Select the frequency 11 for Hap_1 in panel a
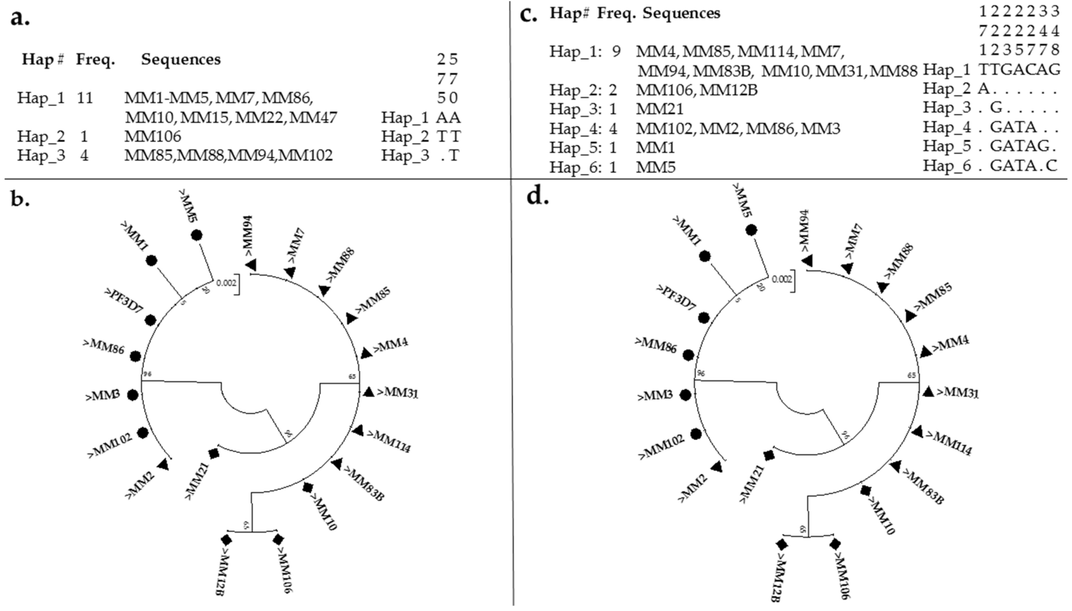(85, 98)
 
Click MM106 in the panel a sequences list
(153, 136)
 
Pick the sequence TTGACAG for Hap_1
(1020, 69)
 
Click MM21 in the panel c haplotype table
(660, 109)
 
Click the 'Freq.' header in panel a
(95, 60)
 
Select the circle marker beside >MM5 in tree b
(196, 235)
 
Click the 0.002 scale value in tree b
(226, 283)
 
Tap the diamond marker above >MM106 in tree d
(835, 544)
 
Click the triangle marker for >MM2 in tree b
(163, 464)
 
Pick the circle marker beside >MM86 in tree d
(688, 355)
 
